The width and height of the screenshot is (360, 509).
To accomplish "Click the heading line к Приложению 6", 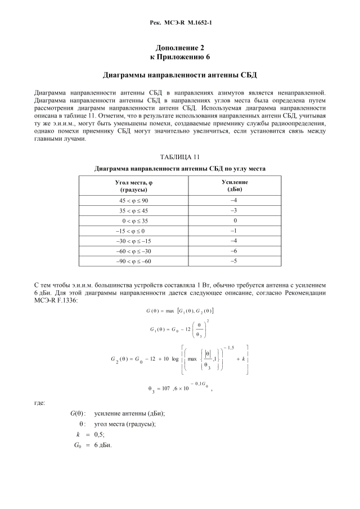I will (179, 57).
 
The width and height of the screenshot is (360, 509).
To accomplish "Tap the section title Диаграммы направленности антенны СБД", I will (179, 75).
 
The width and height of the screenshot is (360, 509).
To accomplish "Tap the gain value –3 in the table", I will (235, 210).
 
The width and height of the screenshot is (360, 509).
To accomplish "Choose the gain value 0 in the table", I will (235, 220).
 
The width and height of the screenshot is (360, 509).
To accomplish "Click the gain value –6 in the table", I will (235, 251).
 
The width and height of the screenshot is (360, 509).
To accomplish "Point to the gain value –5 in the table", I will (235, 261).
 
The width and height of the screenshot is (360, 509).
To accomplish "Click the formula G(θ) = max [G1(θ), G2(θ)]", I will (179, 311).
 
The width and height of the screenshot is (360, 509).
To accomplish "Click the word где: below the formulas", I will (40, 403).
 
